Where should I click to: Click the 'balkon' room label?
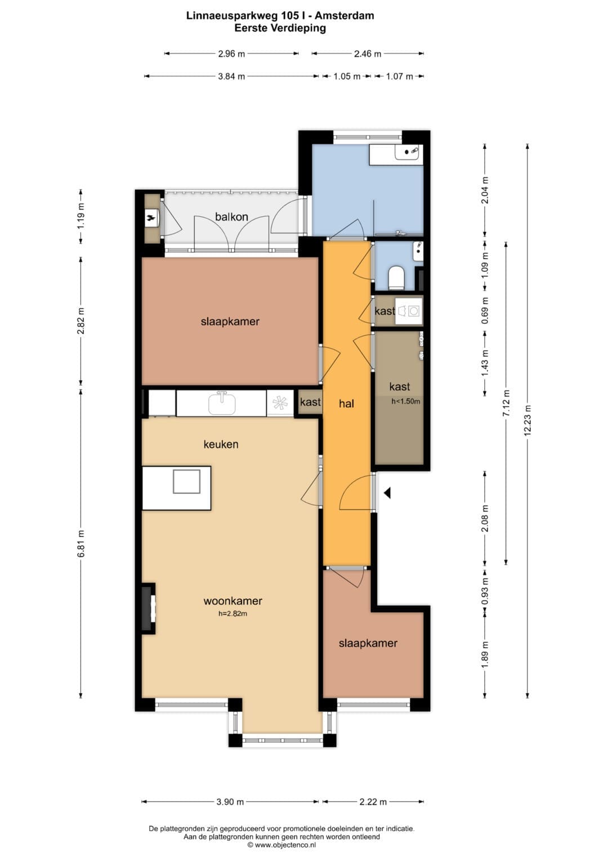[231, 217]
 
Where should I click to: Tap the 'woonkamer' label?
[233, 601]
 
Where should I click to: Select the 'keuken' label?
[221, 444]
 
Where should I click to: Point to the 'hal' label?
[346, 403]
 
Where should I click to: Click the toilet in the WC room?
[396, 278]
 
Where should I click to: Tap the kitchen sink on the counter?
[222, 403]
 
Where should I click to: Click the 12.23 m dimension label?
[527, 420]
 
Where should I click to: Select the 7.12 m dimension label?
[506, 403]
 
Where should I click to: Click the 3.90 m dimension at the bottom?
[231, 801]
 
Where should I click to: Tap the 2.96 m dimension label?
[231, 54]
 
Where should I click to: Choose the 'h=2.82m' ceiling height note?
[233, 613]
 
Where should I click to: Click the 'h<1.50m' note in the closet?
[406, 402]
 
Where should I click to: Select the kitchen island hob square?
[186, 482]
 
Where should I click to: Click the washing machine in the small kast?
[413, 310]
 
